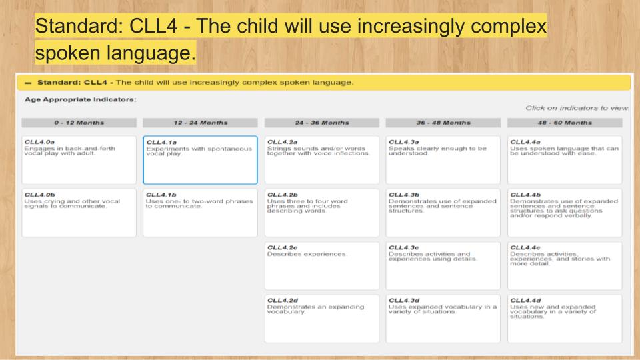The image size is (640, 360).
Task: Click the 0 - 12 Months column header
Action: (x=79, y=123)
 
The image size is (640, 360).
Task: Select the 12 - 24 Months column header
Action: (x=201, y=123)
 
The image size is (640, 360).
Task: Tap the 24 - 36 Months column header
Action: (x=322, y=123)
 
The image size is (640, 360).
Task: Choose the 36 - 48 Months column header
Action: (x=443, y=123)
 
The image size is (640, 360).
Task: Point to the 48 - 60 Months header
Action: (x=565, y=123)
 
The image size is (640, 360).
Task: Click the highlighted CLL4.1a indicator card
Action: (x=201, y=160)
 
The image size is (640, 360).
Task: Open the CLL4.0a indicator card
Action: (x=79, y=160)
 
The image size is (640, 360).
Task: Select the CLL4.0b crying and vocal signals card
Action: (x=79, y=213)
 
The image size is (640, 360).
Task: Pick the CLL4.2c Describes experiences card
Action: (x=322, y=266)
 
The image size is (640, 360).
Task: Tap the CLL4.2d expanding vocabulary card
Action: (x=322, y=319)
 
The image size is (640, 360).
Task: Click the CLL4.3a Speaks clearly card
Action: (x=443, y=160)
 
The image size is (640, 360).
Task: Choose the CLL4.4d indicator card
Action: (x=565, y=319)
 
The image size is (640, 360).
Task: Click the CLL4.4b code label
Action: (x=525, y=195)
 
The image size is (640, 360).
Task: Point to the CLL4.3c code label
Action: (x=404, y=248)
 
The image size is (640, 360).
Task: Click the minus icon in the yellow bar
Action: (x=28, y=83)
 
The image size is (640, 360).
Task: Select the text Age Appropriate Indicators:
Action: (x=81, y=99)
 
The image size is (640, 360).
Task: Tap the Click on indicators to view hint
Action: (x=577, y=108)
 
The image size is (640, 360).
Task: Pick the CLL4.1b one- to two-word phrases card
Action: (x=201, y=213)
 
